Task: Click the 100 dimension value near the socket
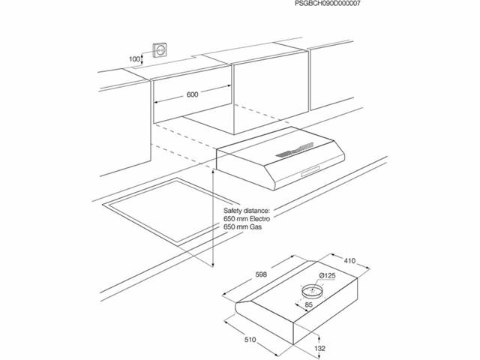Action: pyautogui.click(x=134, y=58)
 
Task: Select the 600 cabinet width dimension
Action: pyautogui.click(x=192, y=94)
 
